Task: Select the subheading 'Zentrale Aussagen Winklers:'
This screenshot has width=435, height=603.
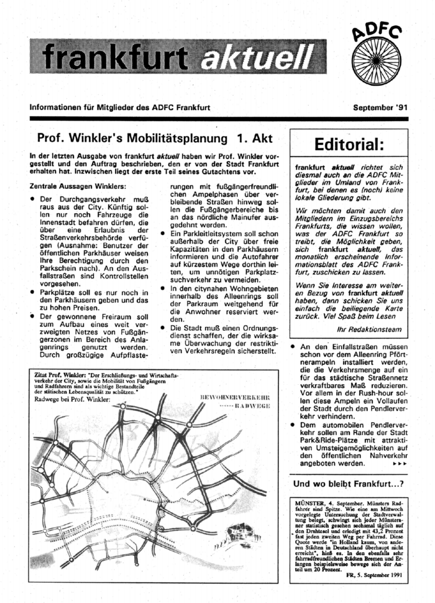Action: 78,186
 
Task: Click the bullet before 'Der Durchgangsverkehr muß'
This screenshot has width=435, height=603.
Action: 33,198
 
